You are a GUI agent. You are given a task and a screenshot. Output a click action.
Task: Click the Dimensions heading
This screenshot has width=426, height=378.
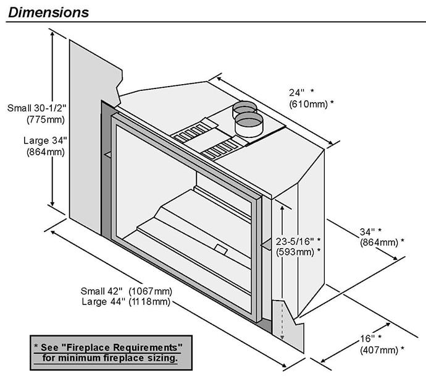49,12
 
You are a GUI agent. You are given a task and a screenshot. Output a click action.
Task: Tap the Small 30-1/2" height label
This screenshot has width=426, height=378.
36,108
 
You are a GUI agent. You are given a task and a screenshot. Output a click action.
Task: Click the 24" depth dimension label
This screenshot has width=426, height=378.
298,93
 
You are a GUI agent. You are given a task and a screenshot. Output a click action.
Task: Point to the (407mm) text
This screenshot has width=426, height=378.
382,350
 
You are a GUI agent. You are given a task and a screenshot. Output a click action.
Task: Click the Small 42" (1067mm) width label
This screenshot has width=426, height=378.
126,291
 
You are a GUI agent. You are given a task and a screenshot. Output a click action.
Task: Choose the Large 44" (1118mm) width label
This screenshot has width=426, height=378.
126,301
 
